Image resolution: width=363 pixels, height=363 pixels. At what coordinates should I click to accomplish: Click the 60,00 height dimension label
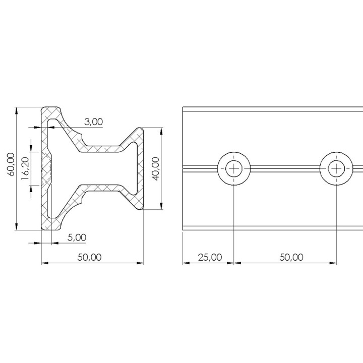tap(11, 164)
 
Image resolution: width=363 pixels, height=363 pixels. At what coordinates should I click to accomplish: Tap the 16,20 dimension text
tap(25, 168)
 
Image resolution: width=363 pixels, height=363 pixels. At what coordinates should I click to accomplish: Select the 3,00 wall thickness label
tap(93, 122)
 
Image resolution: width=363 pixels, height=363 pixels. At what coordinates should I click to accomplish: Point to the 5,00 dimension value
tap(77, 237)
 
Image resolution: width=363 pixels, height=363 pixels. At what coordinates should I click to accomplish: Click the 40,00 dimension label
tap(156, 169)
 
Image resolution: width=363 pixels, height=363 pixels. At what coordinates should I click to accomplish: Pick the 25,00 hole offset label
tap(210, 257)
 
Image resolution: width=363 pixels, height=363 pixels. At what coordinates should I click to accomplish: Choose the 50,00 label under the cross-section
tap(89, 257)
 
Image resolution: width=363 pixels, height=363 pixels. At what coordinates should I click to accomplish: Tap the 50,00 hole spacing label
tap(291, 257)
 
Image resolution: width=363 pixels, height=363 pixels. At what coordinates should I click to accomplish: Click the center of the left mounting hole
tap(234, 168)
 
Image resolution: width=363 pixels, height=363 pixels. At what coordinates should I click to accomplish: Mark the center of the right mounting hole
tap(336, 168)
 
